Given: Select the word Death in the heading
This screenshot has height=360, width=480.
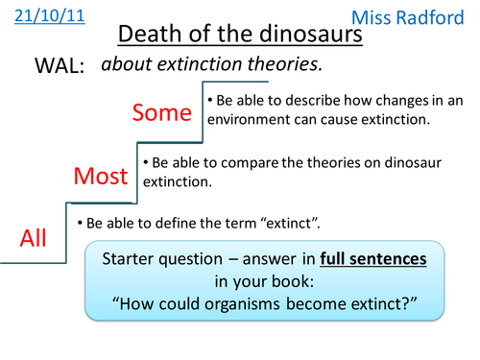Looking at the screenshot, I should [x=147, y=37].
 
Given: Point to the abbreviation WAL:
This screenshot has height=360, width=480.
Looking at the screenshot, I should [x=59, y=67].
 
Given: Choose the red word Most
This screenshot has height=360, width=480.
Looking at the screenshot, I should [x=101, y=176].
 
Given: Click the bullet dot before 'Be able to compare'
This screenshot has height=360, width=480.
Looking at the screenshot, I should [x=146, y=164].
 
